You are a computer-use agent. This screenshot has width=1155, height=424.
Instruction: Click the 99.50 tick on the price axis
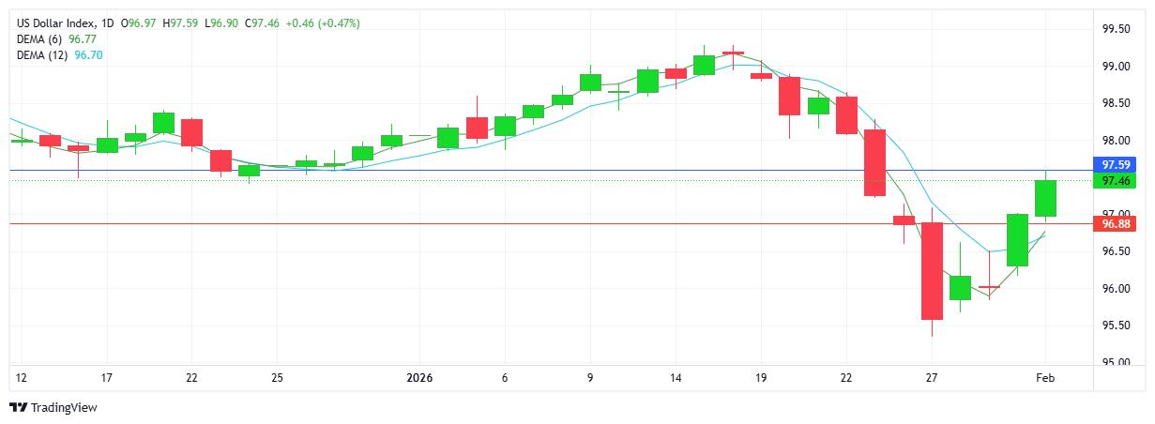pos(1115,29)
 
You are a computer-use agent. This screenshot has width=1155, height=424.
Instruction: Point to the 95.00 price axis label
pos(1115,362)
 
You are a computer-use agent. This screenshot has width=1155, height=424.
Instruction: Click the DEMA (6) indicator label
pos(41,39)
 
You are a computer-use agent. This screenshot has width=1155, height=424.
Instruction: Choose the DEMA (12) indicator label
pos(44,55)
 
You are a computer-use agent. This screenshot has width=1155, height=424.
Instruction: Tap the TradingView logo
pos(53,407)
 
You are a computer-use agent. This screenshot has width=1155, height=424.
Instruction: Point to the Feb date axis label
pos(1044,378)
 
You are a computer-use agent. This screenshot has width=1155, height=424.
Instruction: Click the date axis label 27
pos(932,378)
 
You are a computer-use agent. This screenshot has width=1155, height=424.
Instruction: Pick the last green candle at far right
pos(1045,198)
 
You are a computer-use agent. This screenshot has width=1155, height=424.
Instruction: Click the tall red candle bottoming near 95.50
pos(932,270)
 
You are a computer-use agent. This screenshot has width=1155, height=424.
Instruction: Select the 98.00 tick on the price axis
pos(1115,141)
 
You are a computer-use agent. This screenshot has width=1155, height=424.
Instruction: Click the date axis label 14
pos(676,378)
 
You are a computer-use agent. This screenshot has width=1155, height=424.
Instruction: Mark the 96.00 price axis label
pos(1115,288)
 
